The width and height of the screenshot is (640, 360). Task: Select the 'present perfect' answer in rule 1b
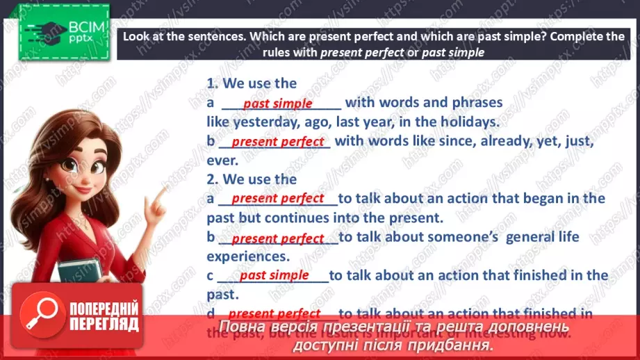pyautogui.click(x=277, y=142)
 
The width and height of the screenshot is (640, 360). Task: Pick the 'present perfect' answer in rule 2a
pyautogui.click(x=277, y=198)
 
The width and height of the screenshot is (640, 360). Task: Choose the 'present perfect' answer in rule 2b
pyautogui.click(x=277, y=238)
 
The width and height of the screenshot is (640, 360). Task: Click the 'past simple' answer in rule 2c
pyautogui.click(x=274, y=275)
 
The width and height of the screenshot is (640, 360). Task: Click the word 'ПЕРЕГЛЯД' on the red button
pyautogui.click(x=104, y=323)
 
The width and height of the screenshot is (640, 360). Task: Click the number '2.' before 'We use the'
pyautogui.click(x=212, y=179)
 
